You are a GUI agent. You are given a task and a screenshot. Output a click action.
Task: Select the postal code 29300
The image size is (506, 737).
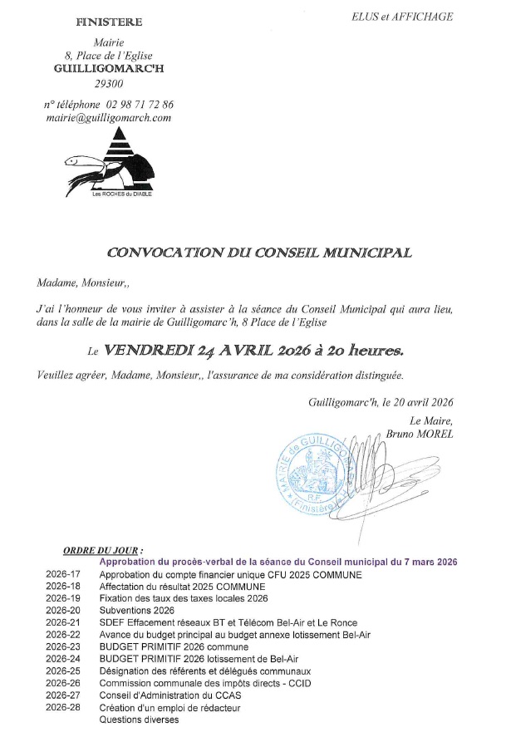point(109,85)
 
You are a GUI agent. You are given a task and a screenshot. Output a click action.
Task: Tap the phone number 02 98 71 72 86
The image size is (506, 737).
point(140,105)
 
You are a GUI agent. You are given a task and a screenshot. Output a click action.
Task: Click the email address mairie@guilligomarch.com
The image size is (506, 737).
point(109,118)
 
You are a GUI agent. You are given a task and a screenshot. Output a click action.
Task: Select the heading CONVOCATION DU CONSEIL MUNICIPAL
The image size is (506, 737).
point(260,252)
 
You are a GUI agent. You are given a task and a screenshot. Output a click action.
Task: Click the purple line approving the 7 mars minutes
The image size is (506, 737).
point(278,563)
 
